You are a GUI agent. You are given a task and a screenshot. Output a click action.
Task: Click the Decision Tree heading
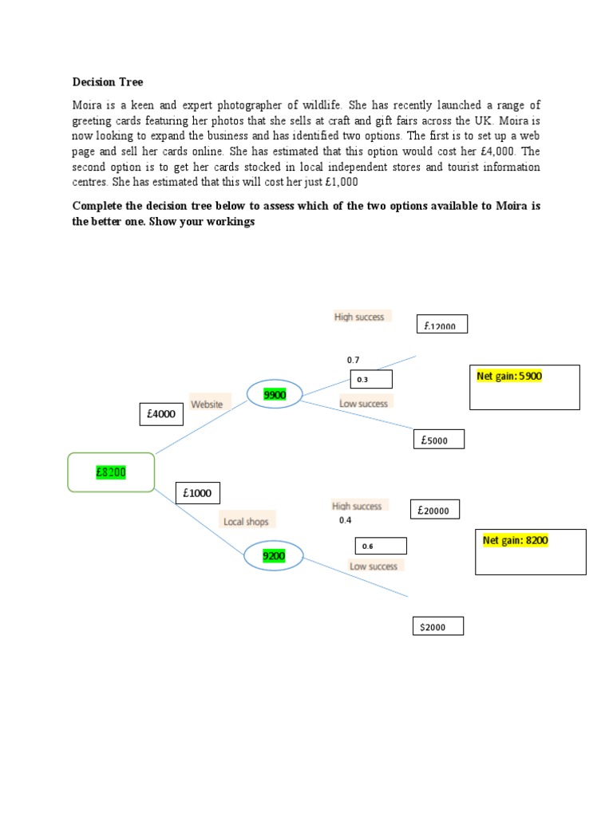click(x=108, y=81)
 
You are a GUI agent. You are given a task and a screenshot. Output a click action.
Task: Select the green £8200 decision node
click(x=111, y=472)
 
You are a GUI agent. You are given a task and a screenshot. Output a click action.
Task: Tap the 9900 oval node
click(x=275, y=393)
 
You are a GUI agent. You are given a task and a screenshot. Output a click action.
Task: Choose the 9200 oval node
click(x=274, y=556)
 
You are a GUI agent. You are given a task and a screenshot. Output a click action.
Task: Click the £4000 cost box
click(x=161, y=415)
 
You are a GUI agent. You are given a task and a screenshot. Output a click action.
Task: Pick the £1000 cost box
click(x=198, y=493)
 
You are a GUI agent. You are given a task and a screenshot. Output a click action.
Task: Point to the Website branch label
click(x=207, y=405)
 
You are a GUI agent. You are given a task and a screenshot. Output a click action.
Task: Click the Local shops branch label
click(x=246, y=522)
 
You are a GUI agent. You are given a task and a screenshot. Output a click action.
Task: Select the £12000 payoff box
click(x=442, y=326)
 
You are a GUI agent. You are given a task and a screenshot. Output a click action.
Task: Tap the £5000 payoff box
click(x=439, y=440)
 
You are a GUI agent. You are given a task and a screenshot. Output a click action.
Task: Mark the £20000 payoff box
click(x=435, y=510)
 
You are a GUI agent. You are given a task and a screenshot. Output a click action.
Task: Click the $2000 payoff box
click(x=437, y=627)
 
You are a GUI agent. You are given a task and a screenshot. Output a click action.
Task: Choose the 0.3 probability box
click(x=371, y=380)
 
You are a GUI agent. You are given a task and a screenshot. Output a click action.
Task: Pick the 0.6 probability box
click(x=381, y=547)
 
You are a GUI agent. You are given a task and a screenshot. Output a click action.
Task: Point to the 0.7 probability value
click(x=353, y=361)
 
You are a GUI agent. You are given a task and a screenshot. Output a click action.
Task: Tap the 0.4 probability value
click(x=345, y=520)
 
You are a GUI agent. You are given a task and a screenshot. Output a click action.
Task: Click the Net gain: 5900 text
click(x=509, y=376)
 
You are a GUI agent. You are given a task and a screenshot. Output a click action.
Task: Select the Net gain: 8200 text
click(x=516, y=540)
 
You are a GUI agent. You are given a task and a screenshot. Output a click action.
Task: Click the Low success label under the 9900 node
click(x=364, y=404)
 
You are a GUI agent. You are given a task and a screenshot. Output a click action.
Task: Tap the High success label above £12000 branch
click(x=359, y=317)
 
